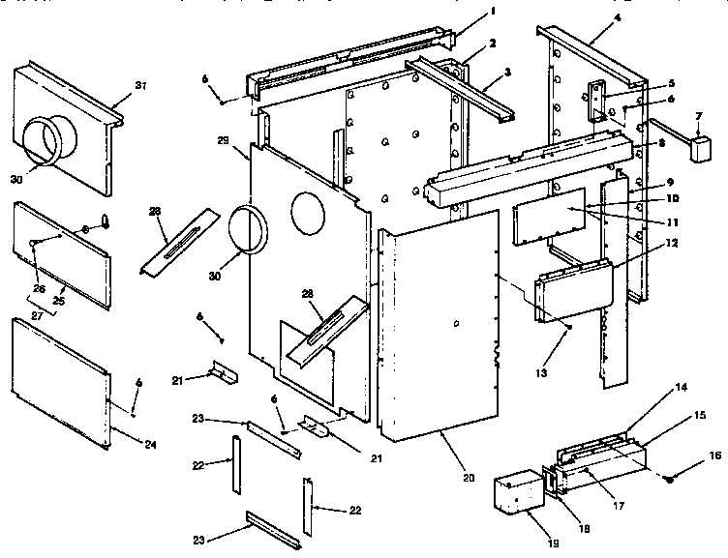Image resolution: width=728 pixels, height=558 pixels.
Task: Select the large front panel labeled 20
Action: pos(440,319)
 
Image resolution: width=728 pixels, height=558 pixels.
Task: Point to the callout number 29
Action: pos(223,142)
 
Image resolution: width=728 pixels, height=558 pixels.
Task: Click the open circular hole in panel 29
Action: pos(306,213)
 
